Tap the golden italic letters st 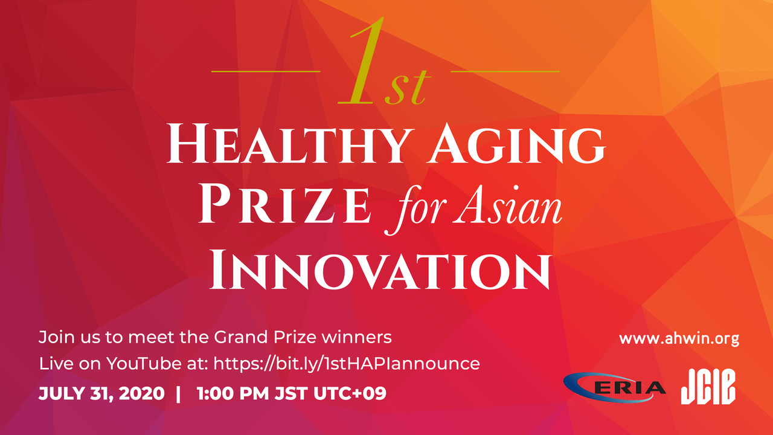pyautogui.click(x=408, y=86)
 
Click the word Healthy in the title pyautogui.click(x=290, y=144)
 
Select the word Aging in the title pyautogui.click(x=516, y=144)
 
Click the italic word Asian pyautogui.click(x=508, y=206)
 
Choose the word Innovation pyautogui.click(x=380, y=270)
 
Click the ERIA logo pyautogui.click(x=614, y=388)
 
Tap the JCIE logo pyautogui.click(x=708, y=387)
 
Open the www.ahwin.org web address pyautogui.click(x=679, y=339)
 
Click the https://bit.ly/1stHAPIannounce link pyautogui.click(x=347, y=364)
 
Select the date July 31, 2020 pyautogui.click(x=101, y=393)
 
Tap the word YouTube pyautogui.click(x=143, y=364)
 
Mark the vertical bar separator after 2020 pyautogui.click(x=178, y=394)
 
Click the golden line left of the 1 pyautogui.click(x=266, y=71)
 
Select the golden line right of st pyautogui.click(x=505, y=71)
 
